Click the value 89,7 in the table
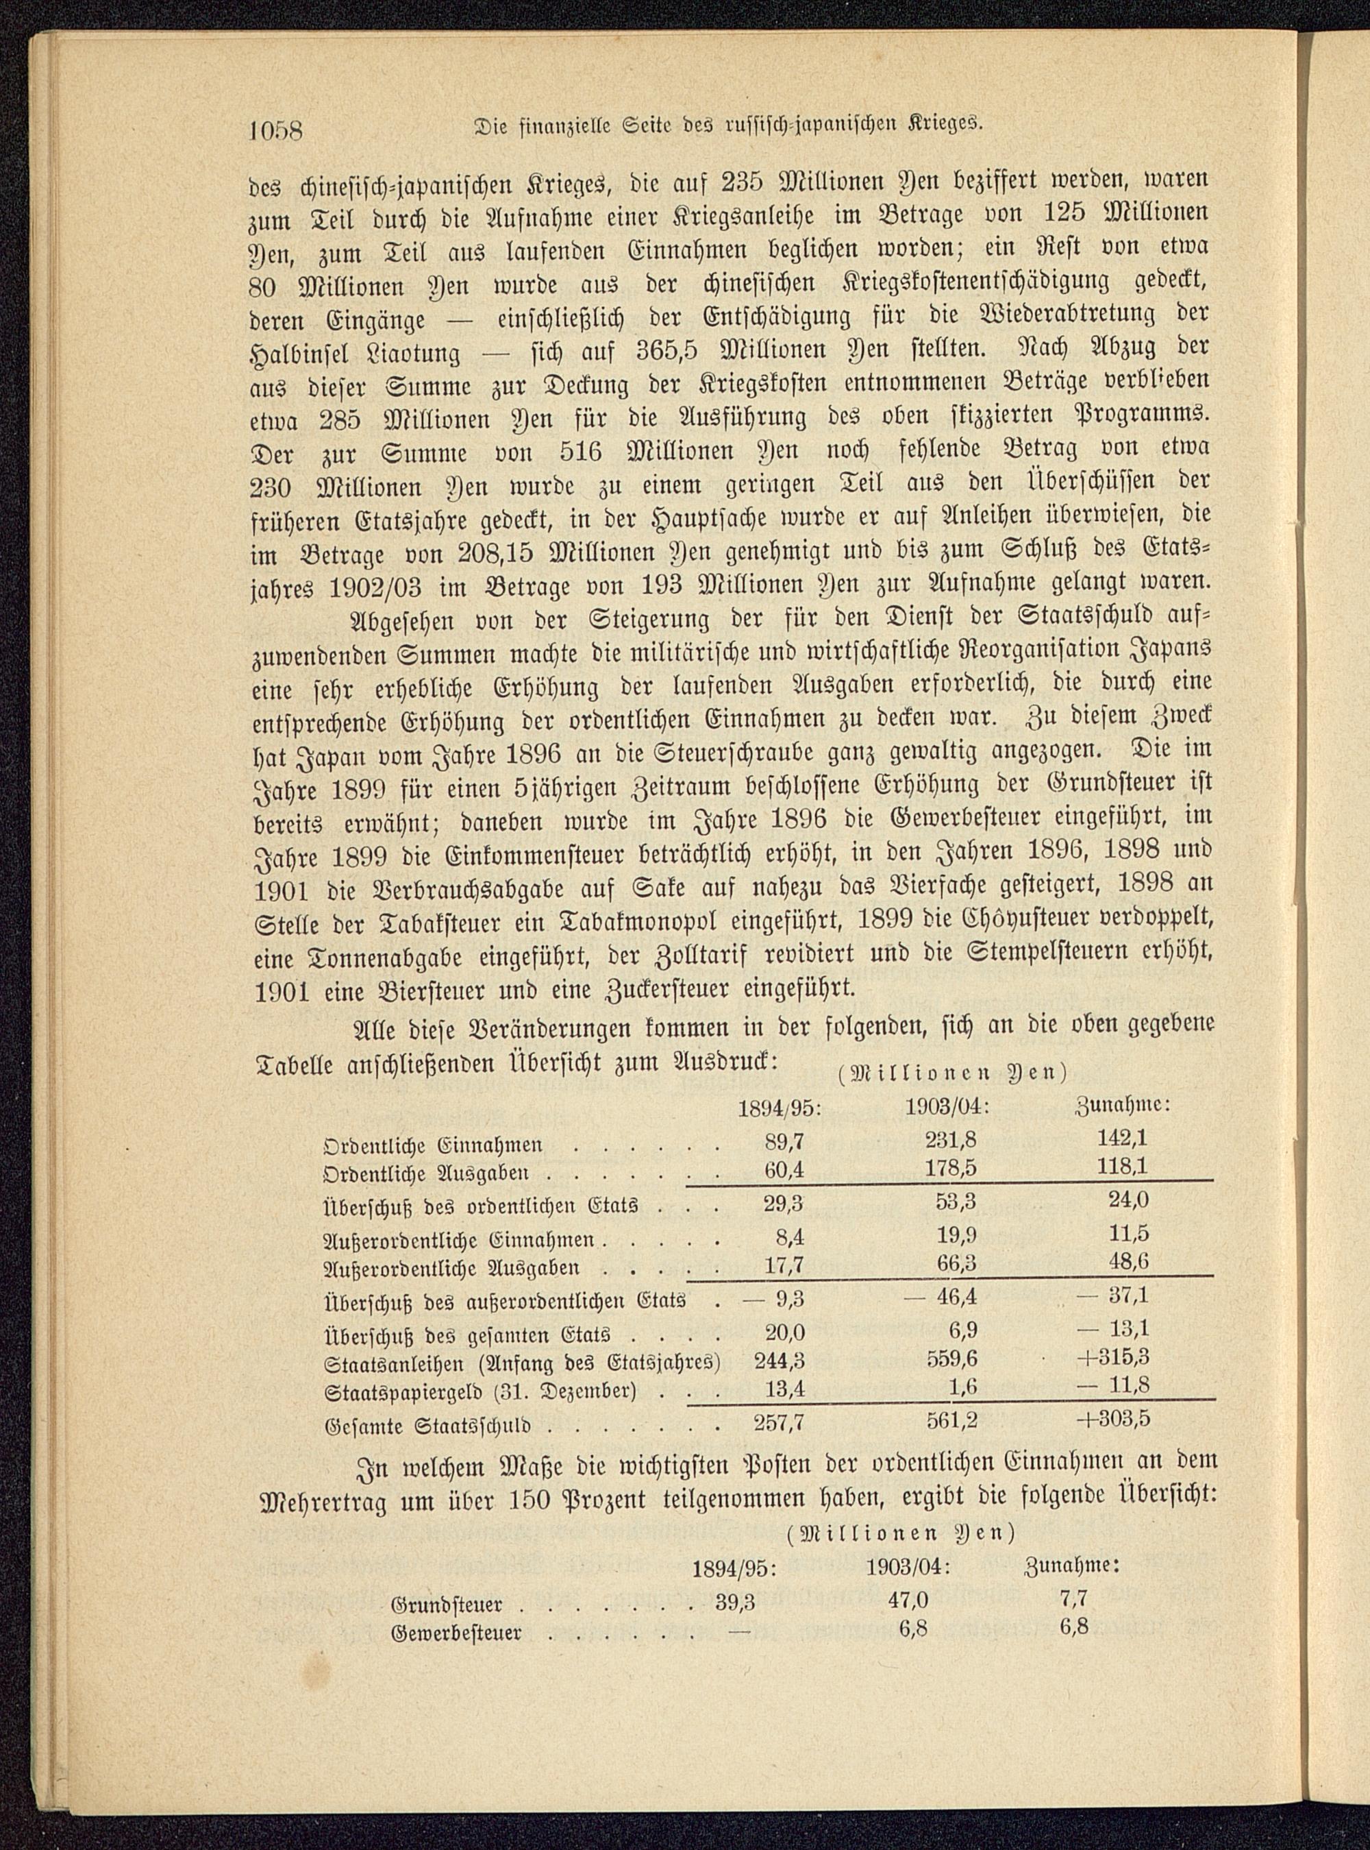pos(784,1141)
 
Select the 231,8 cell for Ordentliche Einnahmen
pos(950,1140)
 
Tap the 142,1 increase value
pos(1122,1139)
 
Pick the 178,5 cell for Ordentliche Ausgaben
pos(950,1169)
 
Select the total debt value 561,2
pos(950,1420)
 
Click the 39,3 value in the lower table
pos(735,1602)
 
